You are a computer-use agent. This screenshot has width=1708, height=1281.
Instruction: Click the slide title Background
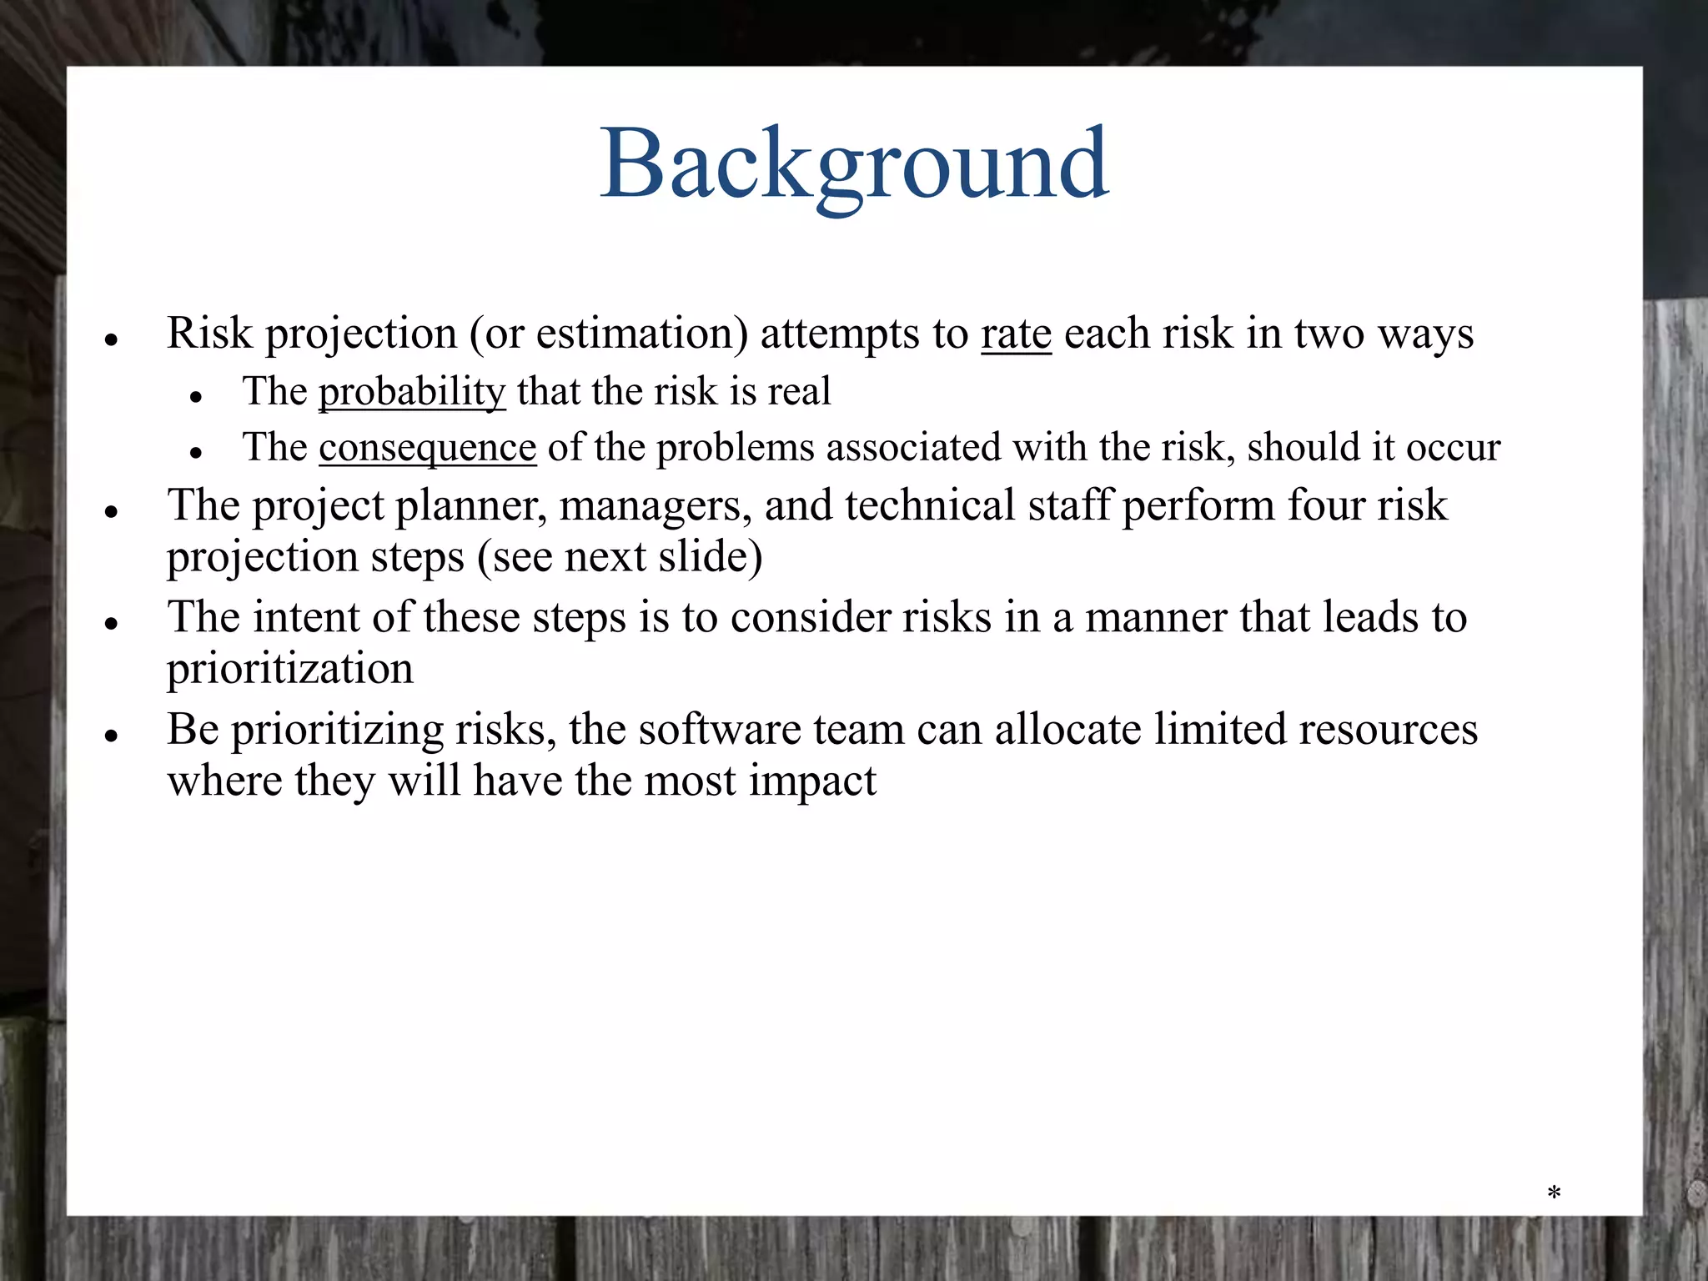(x=854, y=163)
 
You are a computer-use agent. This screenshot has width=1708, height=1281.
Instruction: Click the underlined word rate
(x=1016, y=334)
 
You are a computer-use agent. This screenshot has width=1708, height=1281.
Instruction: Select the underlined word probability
(x=412, y=392)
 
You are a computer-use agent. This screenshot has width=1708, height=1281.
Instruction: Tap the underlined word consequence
(x=427, y=448)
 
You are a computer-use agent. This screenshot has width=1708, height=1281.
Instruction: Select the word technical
(x=929, y=506)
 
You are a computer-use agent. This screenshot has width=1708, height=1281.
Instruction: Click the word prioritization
(x=290, y=669)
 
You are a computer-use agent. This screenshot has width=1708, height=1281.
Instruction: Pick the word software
(x=720, y=730)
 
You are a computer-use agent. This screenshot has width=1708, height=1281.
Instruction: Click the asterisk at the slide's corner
(x=1554, y=1193)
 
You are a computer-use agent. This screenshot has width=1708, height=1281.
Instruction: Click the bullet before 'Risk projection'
(x=110, y=340)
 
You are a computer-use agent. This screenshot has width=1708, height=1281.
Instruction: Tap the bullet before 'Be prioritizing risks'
(x=110, y=736)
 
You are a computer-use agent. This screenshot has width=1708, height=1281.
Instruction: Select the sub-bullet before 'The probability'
(x=197, y=398)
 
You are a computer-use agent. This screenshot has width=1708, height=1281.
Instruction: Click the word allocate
(x=1067, y=730)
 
